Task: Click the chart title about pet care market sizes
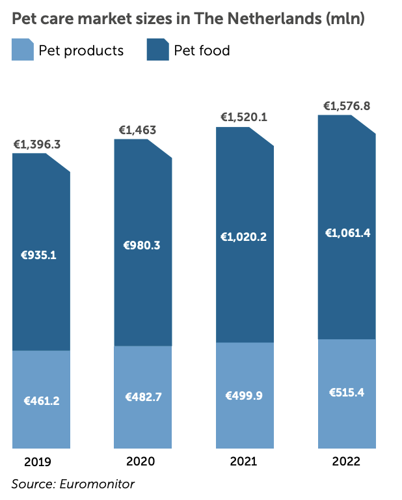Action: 188,19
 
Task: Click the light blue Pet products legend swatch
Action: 23,50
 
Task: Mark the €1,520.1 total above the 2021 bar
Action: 243,117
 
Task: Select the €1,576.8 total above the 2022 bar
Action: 347,106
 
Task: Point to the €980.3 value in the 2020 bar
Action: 142,245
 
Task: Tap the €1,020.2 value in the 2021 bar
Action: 245,237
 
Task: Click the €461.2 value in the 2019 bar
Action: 40,401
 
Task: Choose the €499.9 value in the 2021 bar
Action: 244,395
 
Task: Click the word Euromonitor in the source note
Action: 95,483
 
